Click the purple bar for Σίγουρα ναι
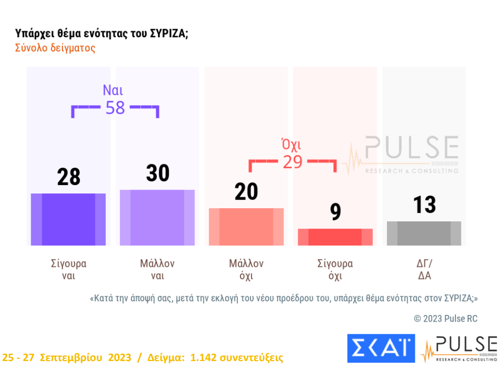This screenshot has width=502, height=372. pyautogui.click(x=69, y=219)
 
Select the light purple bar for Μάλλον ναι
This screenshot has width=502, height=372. pyautogui.click(x=157, y=218)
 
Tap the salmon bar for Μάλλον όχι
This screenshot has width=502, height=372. pyautogui.click(x=246, y=227)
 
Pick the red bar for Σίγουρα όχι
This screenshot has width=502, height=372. pyautogui.click(x=335, y=237)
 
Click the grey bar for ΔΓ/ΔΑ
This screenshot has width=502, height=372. pyautogui.click(x=424, y=233)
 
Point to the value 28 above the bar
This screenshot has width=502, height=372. pyautogui.click(x=69, y=177)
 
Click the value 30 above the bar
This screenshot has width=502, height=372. pyautogui.click(x=157, y=173)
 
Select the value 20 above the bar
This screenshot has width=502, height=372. pyautogui.click(x=246, y=192)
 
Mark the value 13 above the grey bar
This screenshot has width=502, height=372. pyautogui.click(x=424, y=205)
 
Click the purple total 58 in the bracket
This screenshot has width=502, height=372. pyautogui.click(x=115, y=107)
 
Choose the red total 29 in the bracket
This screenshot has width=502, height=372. pyautogui.click(x=293, y=162)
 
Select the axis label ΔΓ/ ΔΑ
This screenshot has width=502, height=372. pyautogui.click(x=424, y=270)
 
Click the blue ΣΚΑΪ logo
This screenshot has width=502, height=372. pyautogui.click(x=381, y=348)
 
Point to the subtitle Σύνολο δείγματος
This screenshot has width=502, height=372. pyautogui.click(x=55, y=48)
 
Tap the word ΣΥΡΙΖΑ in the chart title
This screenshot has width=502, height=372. pyautogui.click(x=168, y=33)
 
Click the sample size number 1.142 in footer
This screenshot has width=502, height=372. pyautogui.click(x=203, y=358)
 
